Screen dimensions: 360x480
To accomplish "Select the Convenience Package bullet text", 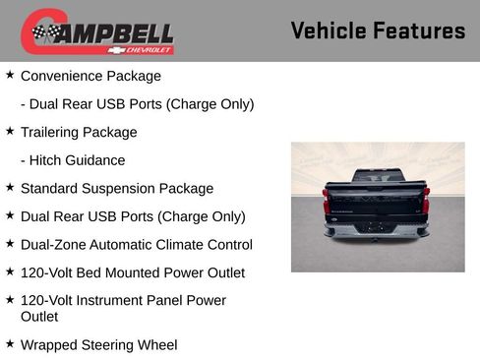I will tap(90, 76).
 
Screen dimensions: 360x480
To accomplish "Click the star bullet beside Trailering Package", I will tap(10, 130).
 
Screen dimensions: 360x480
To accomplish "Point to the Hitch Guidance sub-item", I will tap(73, 160).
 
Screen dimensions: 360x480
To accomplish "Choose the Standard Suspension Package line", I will tap(117, 188).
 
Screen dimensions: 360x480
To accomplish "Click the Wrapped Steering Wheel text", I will tap(98, 344).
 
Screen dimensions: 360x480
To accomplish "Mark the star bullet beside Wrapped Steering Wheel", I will tap(10, 342).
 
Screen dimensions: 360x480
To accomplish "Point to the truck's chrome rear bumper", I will tap(377, 231).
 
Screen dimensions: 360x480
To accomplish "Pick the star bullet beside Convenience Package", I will tap(10, 74).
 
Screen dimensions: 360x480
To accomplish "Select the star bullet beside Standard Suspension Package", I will tap(10, 186).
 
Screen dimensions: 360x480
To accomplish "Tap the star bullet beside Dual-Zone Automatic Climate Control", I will tap(10, 242).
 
